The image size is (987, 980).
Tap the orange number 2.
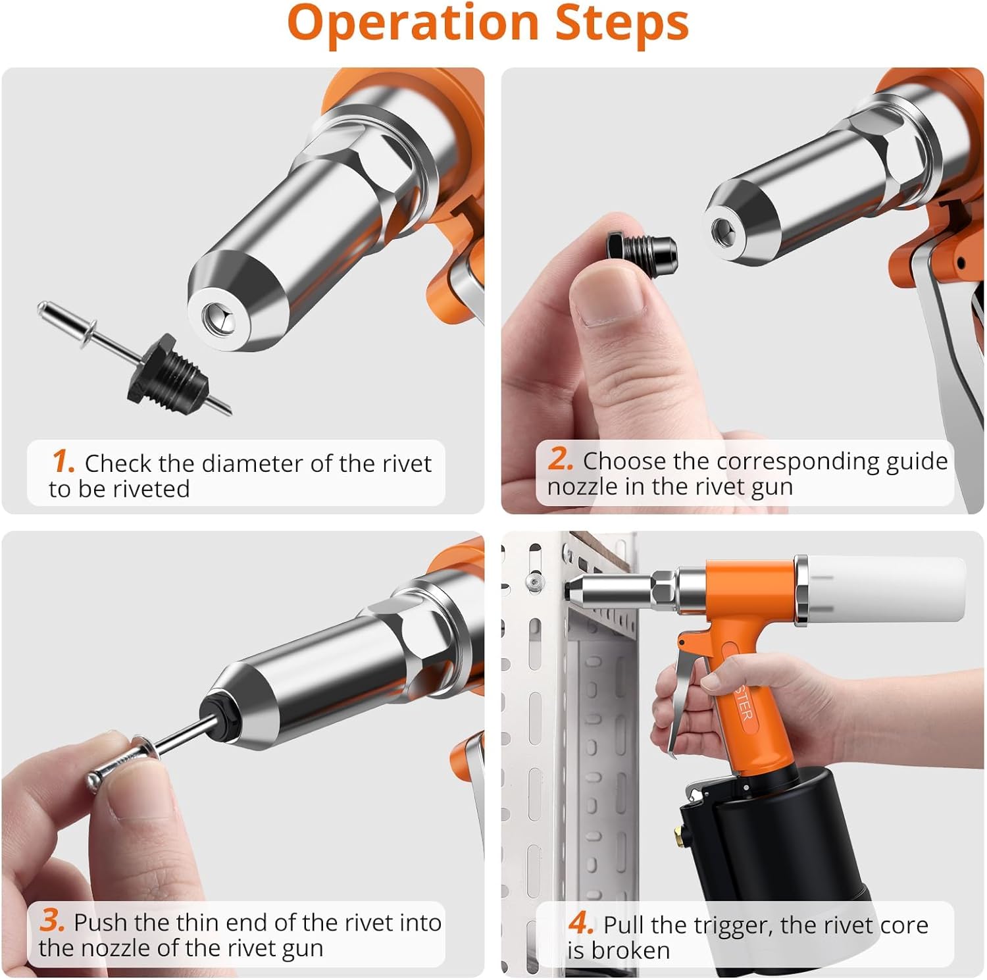pyautogui.click(x=561, y=459)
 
